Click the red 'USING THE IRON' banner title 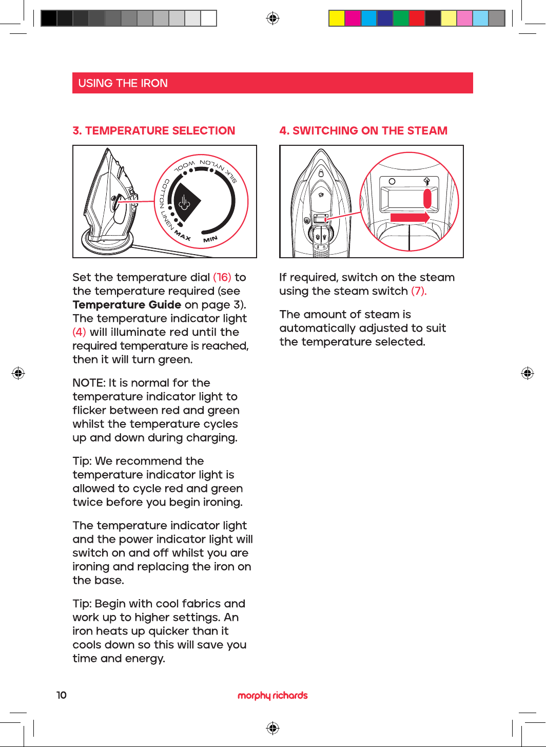(x=123, y=83)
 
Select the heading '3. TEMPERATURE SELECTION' (x=153, y=130)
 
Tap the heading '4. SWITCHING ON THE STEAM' (x=363, y=130)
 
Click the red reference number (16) (x=222, y=277)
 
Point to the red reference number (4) (x=80, y=332)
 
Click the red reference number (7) (x=419, y=291)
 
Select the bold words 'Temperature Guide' (x=127, y=304)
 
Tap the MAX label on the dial (x=183, y=236)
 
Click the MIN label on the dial (x=210, y=239)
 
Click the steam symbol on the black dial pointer (x=184, y=202)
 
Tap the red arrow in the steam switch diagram (x=410, y=218)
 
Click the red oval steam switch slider (x=427, y=199)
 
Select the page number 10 (x=62, y=695)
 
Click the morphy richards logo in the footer (x=272, y=695)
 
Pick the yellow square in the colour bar (x=337, y=18)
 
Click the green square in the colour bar (x=401, y=18)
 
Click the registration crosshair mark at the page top (x=272, y=18)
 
